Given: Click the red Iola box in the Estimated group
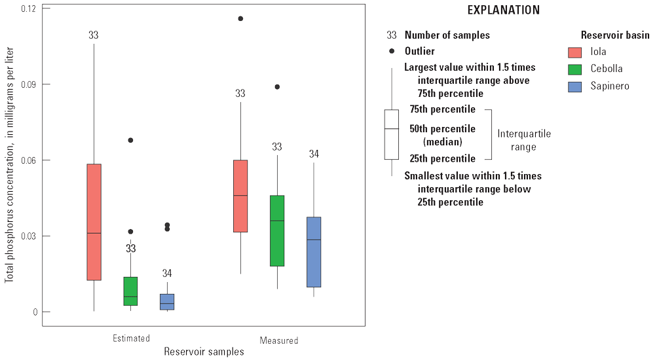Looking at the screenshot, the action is pos(94,222).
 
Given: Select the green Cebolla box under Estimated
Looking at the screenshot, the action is pos(130,291).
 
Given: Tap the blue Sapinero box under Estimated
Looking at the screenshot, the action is pos(167,302).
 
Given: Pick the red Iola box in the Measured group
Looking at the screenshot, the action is pos(240,196).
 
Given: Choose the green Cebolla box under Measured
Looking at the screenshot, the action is pos(277,230).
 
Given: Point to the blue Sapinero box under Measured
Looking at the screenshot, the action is pos(314,252).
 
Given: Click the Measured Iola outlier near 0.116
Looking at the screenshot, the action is pos(240,18).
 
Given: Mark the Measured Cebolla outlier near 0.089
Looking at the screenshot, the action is pos(277,86).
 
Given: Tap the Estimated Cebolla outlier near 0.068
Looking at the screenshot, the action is pos(130,140).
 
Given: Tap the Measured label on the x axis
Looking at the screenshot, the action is pos(278,340).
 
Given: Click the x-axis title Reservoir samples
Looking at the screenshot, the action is pos(204,351).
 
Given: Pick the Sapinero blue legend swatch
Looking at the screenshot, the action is pos(574,86).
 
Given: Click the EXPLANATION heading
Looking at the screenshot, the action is pos(503,10).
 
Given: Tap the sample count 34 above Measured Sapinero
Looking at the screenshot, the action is pos(314,154).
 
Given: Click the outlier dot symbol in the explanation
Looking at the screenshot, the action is pos(392,51).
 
